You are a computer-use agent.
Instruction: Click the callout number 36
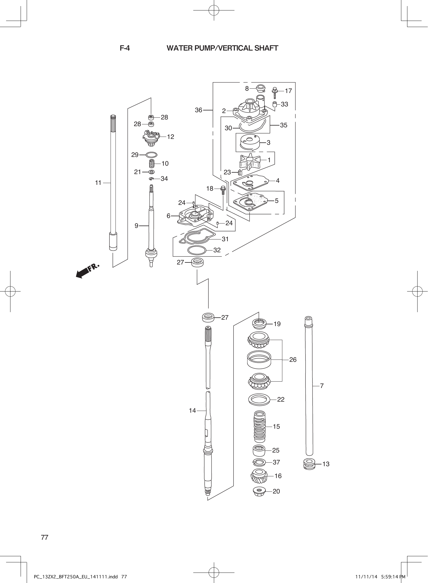[x=198, y=110]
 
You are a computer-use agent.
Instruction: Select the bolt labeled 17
[x=275, y=92]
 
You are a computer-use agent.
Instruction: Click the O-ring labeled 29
[x=151, y=155]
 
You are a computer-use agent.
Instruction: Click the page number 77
[x=45, y=537]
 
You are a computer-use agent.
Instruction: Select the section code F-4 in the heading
[x=125, y=48]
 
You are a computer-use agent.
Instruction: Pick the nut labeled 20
[x=260, y=491]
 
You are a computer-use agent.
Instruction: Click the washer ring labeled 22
[x=259, y=399]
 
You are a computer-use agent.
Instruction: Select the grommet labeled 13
[x=309, y=464]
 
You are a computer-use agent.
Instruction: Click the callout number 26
[x=293, y=360]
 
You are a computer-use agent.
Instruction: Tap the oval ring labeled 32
[x=197, y=250]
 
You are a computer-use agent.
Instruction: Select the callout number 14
[x=192, y=411]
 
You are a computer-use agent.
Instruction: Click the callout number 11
[x=98, y=183]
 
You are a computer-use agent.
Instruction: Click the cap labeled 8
[x=260, y=88]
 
